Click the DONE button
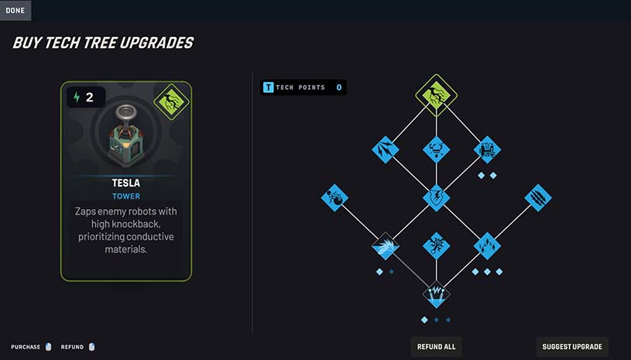point(15,10)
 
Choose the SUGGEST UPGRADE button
point(572,347)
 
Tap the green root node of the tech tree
point(436,95)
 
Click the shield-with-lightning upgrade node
point(436,198)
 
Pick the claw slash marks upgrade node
point(538,198)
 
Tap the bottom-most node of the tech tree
point(436,294)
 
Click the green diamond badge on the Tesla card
point(171,101)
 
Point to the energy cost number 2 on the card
point(89,97)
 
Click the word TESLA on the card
point(126,183)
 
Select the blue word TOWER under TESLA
point(126,197)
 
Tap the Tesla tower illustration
point(126,136)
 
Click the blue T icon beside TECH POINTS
point(268,87)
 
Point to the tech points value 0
point(339,87)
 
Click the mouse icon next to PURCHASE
point(48,347)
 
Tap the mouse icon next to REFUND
point(91,347)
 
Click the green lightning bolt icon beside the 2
point(77,97)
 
